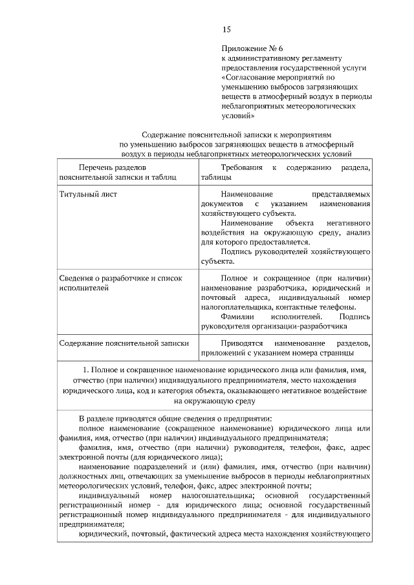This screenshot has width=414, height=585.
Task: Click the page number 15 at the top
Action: (x=226, y=29)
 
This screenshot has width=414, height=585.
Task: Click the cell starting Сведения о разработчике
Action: (x=120, y=278)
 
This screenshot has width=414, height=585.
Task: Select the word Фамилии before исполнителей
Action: (x=237, y=317)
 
